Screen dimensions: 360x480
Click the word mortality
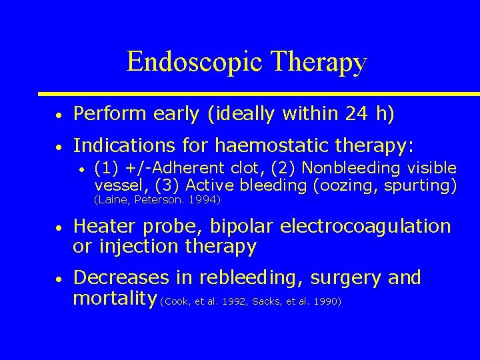[x=114, y=297]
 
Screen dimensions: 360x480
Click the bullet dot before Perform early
[x=59, y=116]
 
